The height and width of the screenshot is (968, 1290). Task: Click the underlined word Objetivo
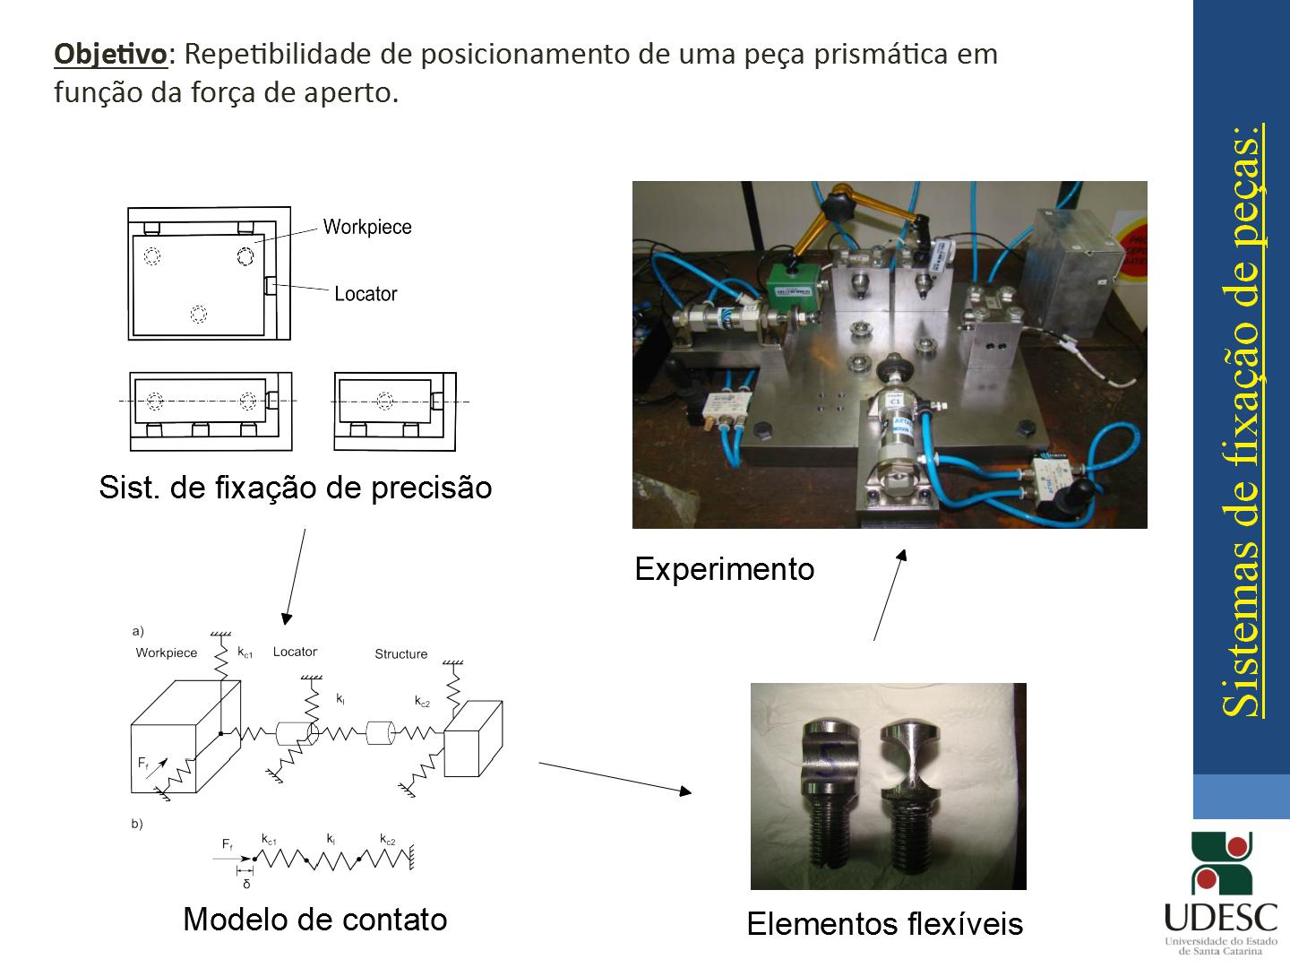coord(110,55)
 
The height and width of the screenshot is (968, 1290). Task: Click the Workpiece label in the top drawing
coord(366,227)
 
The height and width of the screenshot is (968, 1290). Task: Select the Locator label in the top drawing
coord(365,294)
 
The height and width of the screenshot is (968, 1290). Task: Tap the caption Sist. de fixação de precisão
coord(296,488)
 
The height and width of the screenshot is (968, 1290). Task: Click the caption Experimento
coord(724,569)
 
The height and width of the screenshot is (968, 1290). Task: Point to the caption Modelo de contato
coord(314,919)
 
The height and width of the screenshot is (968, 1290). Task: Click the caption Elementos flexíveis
coord(884,923)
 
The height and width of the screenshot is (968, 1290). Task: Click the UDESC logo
coord(1220,893)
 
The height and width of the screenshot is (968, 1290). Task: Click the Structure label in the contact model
coord(400,654)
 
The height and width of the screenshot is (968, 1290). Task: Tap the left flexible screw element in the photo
coord(828,789)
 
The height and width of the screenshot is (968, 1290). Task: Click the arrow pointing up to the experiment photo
coord(890,595)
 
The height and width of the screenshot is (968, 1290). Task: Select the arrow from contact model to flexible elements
coord(615,776)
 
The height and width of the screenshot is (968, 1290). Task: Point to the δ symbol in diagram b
coord(246,884)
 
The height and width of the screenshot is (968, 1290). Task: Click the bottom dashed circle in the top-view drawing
coord(199,315)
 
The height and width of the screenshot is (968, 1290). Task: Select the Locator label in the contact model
coord(295,652)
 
